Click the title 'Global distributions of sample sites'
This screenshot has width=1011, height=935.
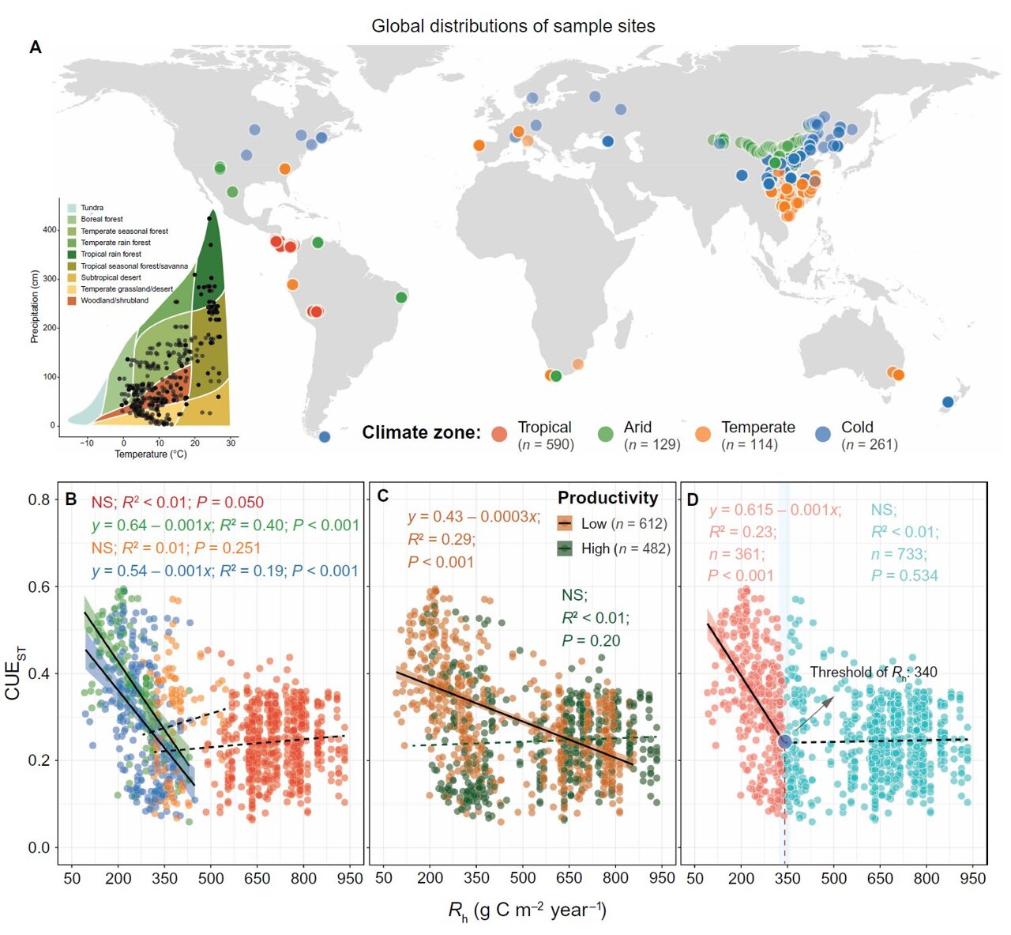coord(513,26)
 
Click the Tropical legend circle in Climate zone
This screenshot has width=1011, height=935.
coord(498,434)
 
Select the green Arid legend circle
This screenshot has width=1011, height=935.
coord(605,434)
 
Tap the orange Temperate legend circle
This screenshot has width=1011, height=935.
coord(702,434)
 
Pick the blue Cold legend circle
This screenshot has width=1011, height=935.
coord(822,434)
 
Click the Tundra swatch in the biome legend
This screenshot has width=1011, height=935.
coord(71,208)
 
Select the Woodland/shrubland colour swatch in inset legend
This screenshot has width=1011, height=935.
coord(71,300)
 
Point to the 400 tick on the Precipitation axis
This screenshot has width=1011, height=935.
coord(49,230)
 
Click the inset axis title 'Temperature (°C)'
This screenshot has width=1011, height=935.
coord(151,454)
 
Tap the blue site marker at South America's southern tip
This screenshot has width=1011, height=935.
coord(324,436)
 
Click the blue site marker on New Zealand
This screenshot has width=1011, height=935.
coord(948,402)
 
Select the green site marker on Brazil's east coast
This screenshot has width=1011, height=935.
coord(401,297)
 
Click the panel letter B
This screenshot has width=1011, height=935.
coord(70,499)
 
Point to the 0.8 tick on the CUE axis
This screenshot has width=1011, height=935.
coord(39,500)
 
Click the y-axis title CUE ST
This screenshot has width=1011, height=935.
coord(14,673)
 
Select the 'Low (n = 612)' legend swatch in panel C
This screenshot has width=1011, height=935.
coord(565,524)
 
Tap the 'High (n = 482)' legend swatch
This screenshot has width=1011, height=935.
coord(565,549)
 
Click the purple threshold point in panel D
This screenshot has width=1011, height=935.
coord(784,741)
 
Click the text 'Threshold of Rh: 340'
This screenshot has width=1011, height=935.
coord(873,673)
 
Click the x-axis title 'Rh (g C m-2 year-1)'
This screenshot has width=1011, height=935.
coord(527,910)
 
